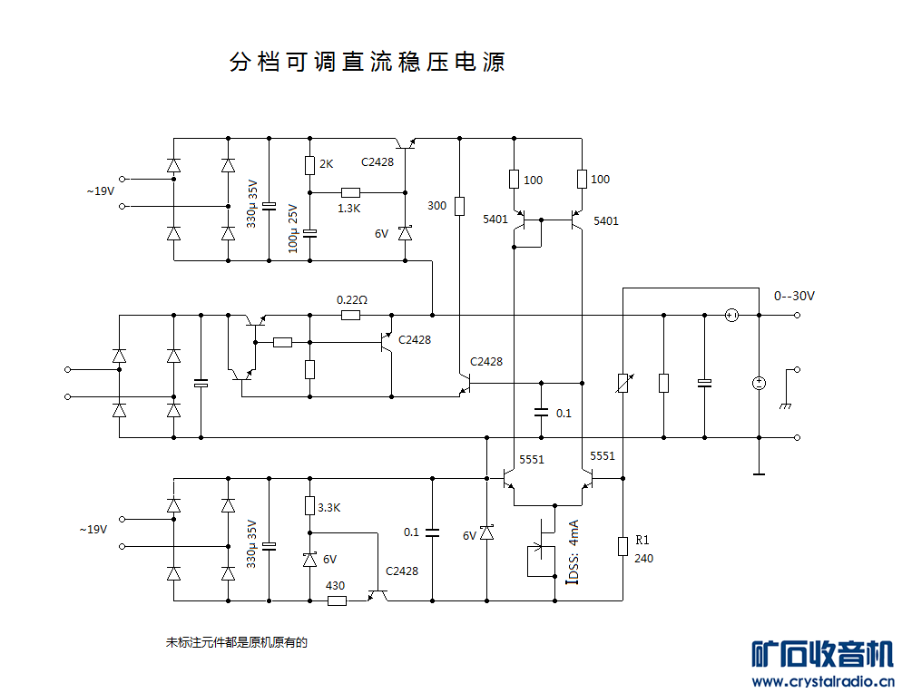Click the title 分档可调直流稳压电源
coord(368,63)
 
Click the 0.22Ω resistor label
coord(351,299)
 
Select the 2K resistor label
coord(327,164)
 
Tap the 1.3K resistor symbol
coord(350,192)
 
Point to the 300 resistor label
coord(436,206)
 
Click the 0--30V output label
coord(794,296)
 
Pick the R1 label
coord(642,540)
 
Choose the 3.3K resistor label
coord(328,507)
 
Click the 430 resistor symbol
coord(336,600)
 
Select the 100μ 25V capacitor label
coord(292,228)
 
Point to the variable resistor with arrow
coord(623,383)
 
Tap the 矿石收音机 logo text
coord(822,654)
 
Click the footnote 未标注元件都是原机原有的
coord(237,642)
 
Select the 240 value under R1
coord(643,558)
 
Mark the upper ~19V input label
coord(100,191)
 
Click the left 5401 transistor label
coord(495,220)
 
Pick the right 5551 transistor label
coord(602,455)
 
